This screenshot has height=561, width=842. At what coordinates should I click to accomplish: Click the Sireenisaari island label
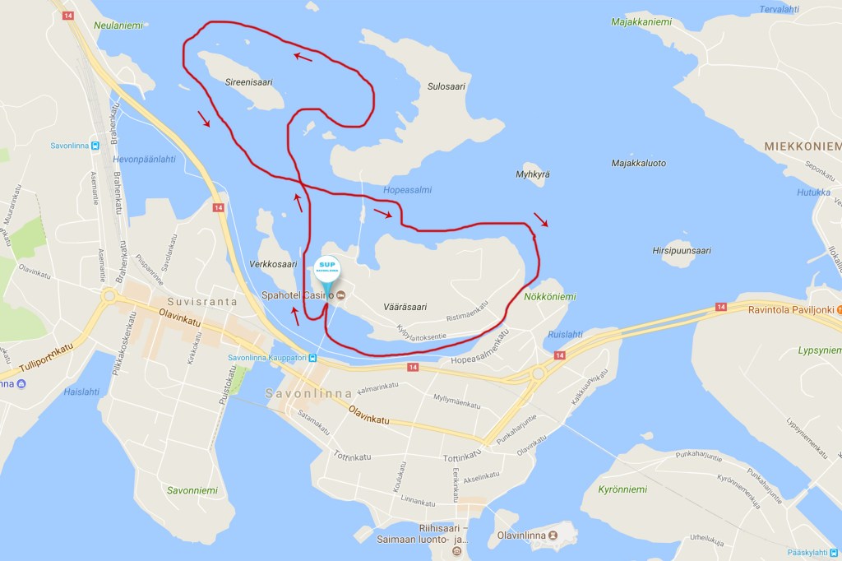pos(248,82)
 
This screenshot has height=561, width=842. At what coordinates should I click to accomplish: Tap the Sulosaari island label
pos(447,86)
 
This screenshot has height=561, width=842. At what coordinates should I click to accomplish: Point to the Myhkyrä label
pos(532,174)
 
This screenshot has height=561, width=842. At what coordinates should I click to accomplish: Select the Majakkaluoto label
pos(638,163)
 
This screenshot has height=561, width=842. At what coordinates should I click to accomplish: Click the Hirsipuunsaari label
pos(681,251)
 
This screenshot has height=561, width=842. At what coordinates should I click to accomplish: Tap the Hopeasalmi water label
pos(407,190)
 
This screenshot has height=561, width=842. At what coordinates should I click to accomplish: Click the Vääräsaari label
pos(405,307)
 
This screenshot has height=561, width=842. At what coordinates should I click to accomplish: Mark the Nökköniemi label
pos(550,296)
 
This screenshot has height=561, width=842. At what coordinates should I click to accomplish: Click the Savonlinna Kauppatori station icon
pos(312,358)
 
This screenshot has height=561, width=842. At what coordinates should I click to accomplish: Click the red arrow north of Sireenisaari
pos(303,57)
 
